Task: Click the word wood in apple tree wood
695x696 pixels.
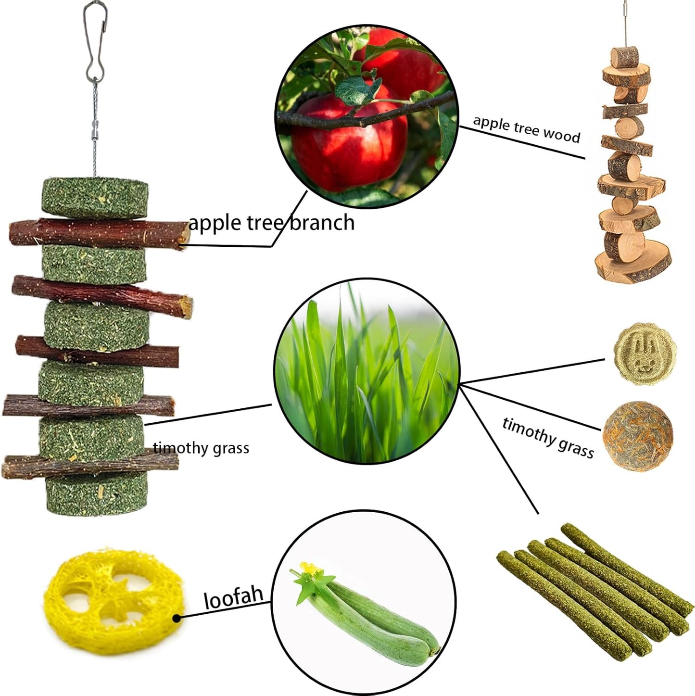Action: coord(561,134)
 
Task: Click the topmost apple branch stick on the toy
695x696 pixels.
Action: coord(98,233)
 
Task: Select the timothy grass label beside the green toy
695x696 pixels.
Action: coord(201,448)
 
